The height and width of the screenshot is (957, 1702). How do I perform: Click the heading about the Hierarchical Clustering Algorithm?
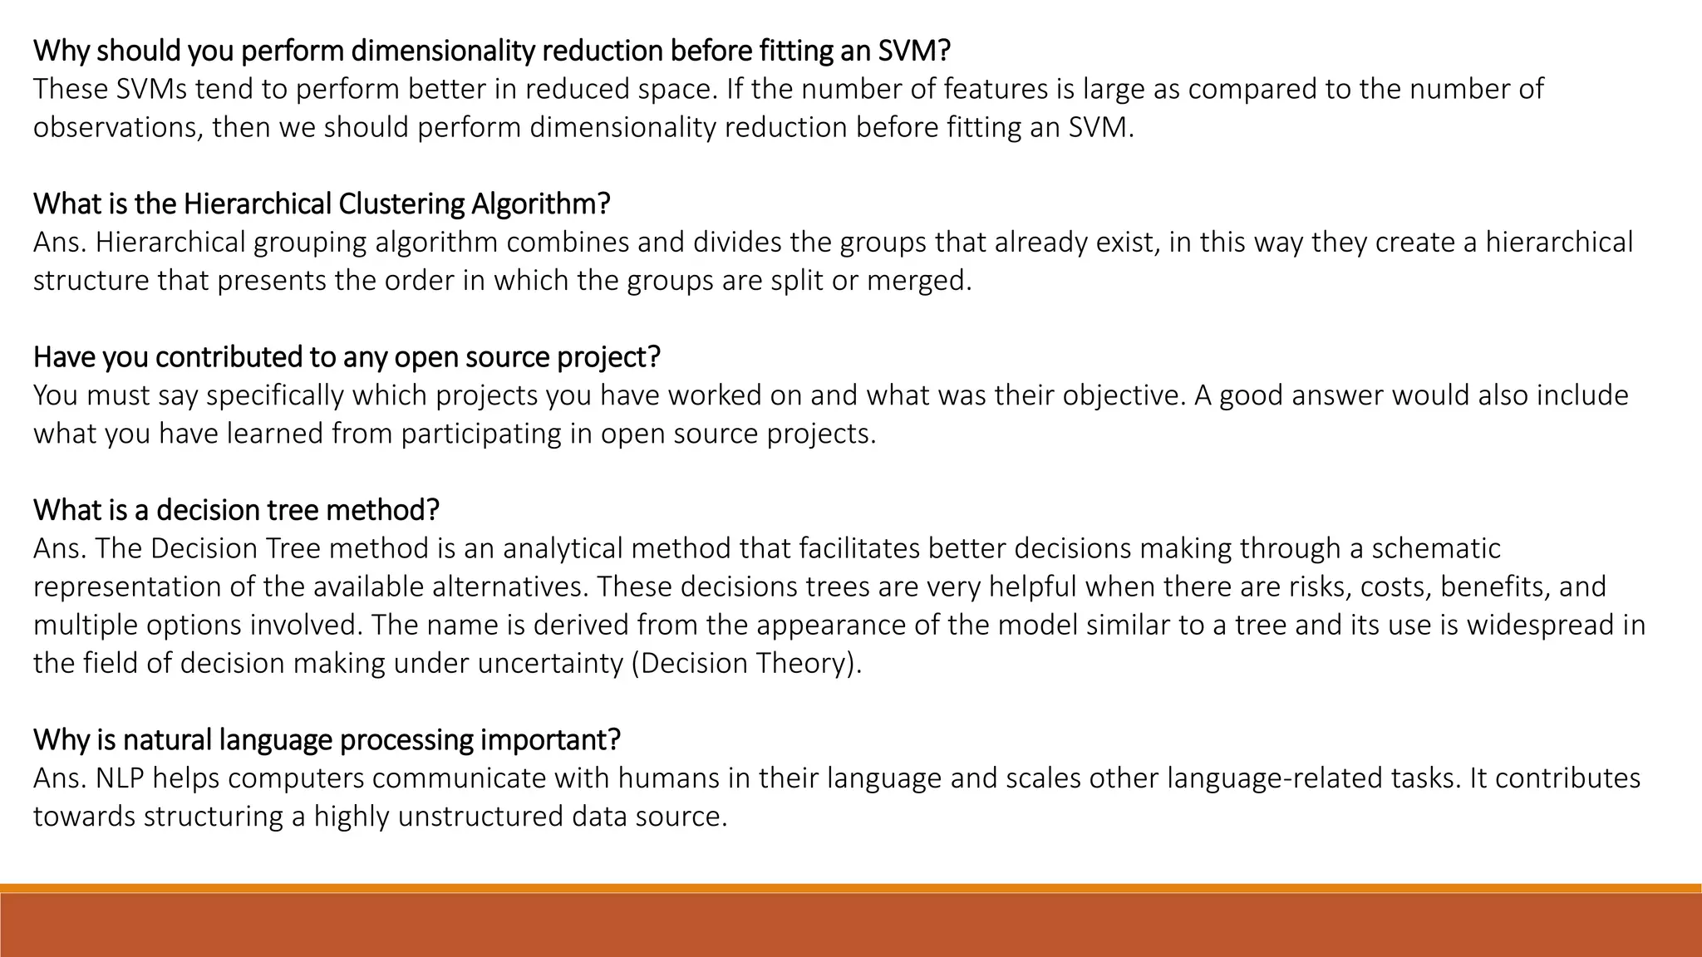322,204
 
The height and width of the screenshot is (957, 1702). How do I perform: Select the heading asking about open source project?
347,356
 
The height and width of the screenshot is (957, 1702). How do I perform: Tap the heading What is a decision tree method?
236,509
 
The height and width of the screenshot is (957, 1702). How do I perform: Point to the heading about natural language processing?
327,739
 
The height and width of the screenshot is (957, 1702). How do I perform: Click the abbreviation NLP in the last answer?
120,778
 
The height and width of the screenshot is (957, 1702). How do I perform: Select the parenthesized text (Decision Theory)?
746,663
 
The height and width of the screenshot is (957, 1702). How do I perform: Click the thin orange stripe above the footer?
851,888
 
